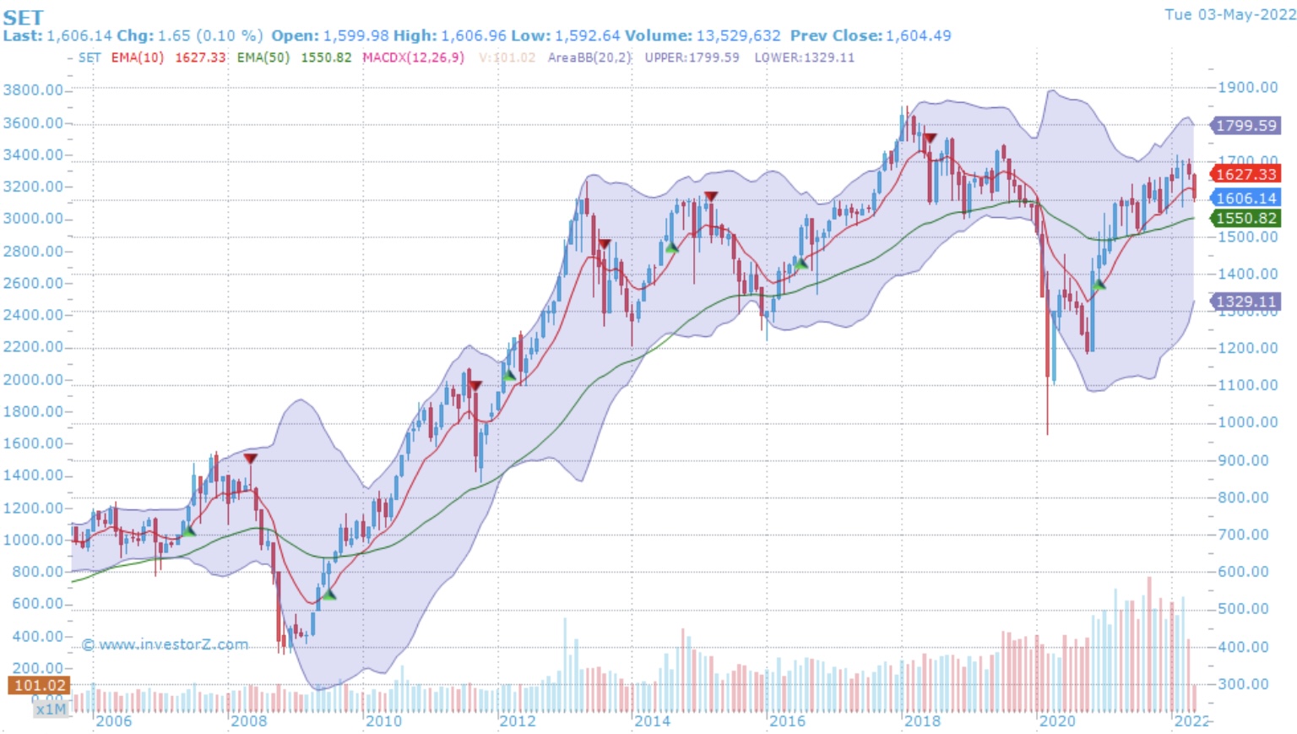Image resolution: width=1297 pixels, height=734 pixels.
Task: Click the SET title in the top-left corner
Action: coord(23,17)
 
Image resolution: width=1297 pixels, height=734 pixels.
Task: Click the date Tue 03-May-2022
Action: coord(1229,14)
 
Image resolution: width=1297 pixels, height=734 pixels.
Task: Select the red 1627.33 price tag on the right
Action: coord(1245,174)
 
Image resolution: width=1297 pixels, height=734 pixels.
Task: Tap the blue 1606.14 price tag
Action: coord(1245,198)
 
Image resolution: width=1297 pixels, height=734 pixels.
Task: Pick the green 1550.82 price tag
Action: coord(1245,218)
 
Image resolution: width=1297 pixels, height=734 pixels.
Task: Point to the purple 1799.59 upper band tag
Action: coord(1245,126)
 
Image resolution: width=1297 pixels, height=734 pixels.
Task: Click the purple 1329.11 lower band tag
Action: coord(1245,302)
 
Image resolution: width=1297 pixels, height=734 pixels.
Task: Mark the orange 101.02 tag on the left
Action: coord(39,686)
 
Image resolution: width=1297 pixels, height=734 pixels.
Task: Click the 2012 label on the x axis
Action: coord(518,720)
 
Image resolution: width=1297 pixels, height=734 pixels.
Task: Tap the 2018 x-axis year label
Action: coord(922,720)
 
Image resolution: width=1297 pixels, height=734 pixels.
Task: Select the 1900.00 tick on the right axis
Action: coord(1247,88)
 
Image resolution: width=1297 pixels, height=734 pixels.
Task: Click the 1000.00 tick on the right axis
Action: coord(1247,422)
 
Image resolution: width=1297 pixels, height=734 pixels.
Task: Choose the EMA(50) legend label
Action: coord(263,57)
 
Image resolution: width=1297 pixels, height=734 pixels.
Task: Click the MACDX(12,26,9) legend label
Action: coord(413,57)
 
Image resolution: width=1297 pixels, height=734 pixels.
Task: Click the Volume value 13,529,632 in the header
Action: coord(738,35)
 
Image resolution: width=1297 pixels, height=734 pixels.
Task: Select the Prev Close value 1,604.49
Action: coord(918,35)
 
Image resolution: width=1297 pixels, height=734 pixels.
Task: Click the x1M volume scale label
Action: coord(51,709)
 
